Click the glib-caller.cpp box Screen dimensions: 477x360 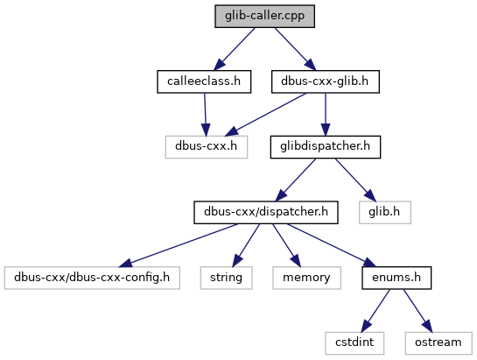(x=264, y=16)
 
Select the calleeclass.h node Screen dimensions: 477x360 (x=204, y=81)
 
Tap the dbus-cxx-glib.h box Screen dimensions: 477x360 (x=326, y=81)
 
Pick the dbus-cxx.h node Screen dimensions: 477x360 (x=207, y=147)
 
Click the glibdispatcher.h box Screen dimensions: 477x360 (x=326, y=147)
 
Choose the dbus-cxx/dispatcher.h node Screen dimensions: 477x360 (x=266, y=212)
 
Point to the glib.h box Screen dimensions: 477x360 (x=385, y=212)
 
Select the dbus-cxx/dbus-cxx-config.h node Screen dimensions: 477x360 (x=92, y=278)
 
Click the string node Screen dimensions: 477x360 (x=226, y=278)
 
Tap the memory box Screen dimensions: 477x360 (x=306, y=278)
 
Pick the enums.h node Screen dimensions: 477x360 (x=396, y=278)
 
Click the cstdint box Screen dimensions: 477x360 (x=354, y=343)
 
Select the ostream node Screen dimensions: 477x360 (x=438, y=343)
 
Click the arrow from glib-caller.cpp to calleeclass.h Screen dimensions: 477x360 (x=235, y=49)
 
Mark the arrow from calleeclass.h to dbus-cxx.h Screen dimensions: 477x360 (x=206, y=115)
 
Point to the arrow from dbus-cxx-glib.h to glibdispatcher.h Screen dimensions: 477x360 (x=326, y=115)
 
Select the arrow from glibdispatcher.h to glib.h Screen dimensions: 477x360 (x=355, y=180)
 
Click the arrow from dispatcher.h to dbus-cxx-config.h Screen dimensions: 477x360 (x=178, y=245)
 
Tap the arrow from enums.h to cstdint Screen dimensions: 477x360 (x=375, y=311)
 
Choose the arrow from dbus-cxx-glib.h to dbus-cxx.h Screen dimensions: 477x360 (x=265, y=115)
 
